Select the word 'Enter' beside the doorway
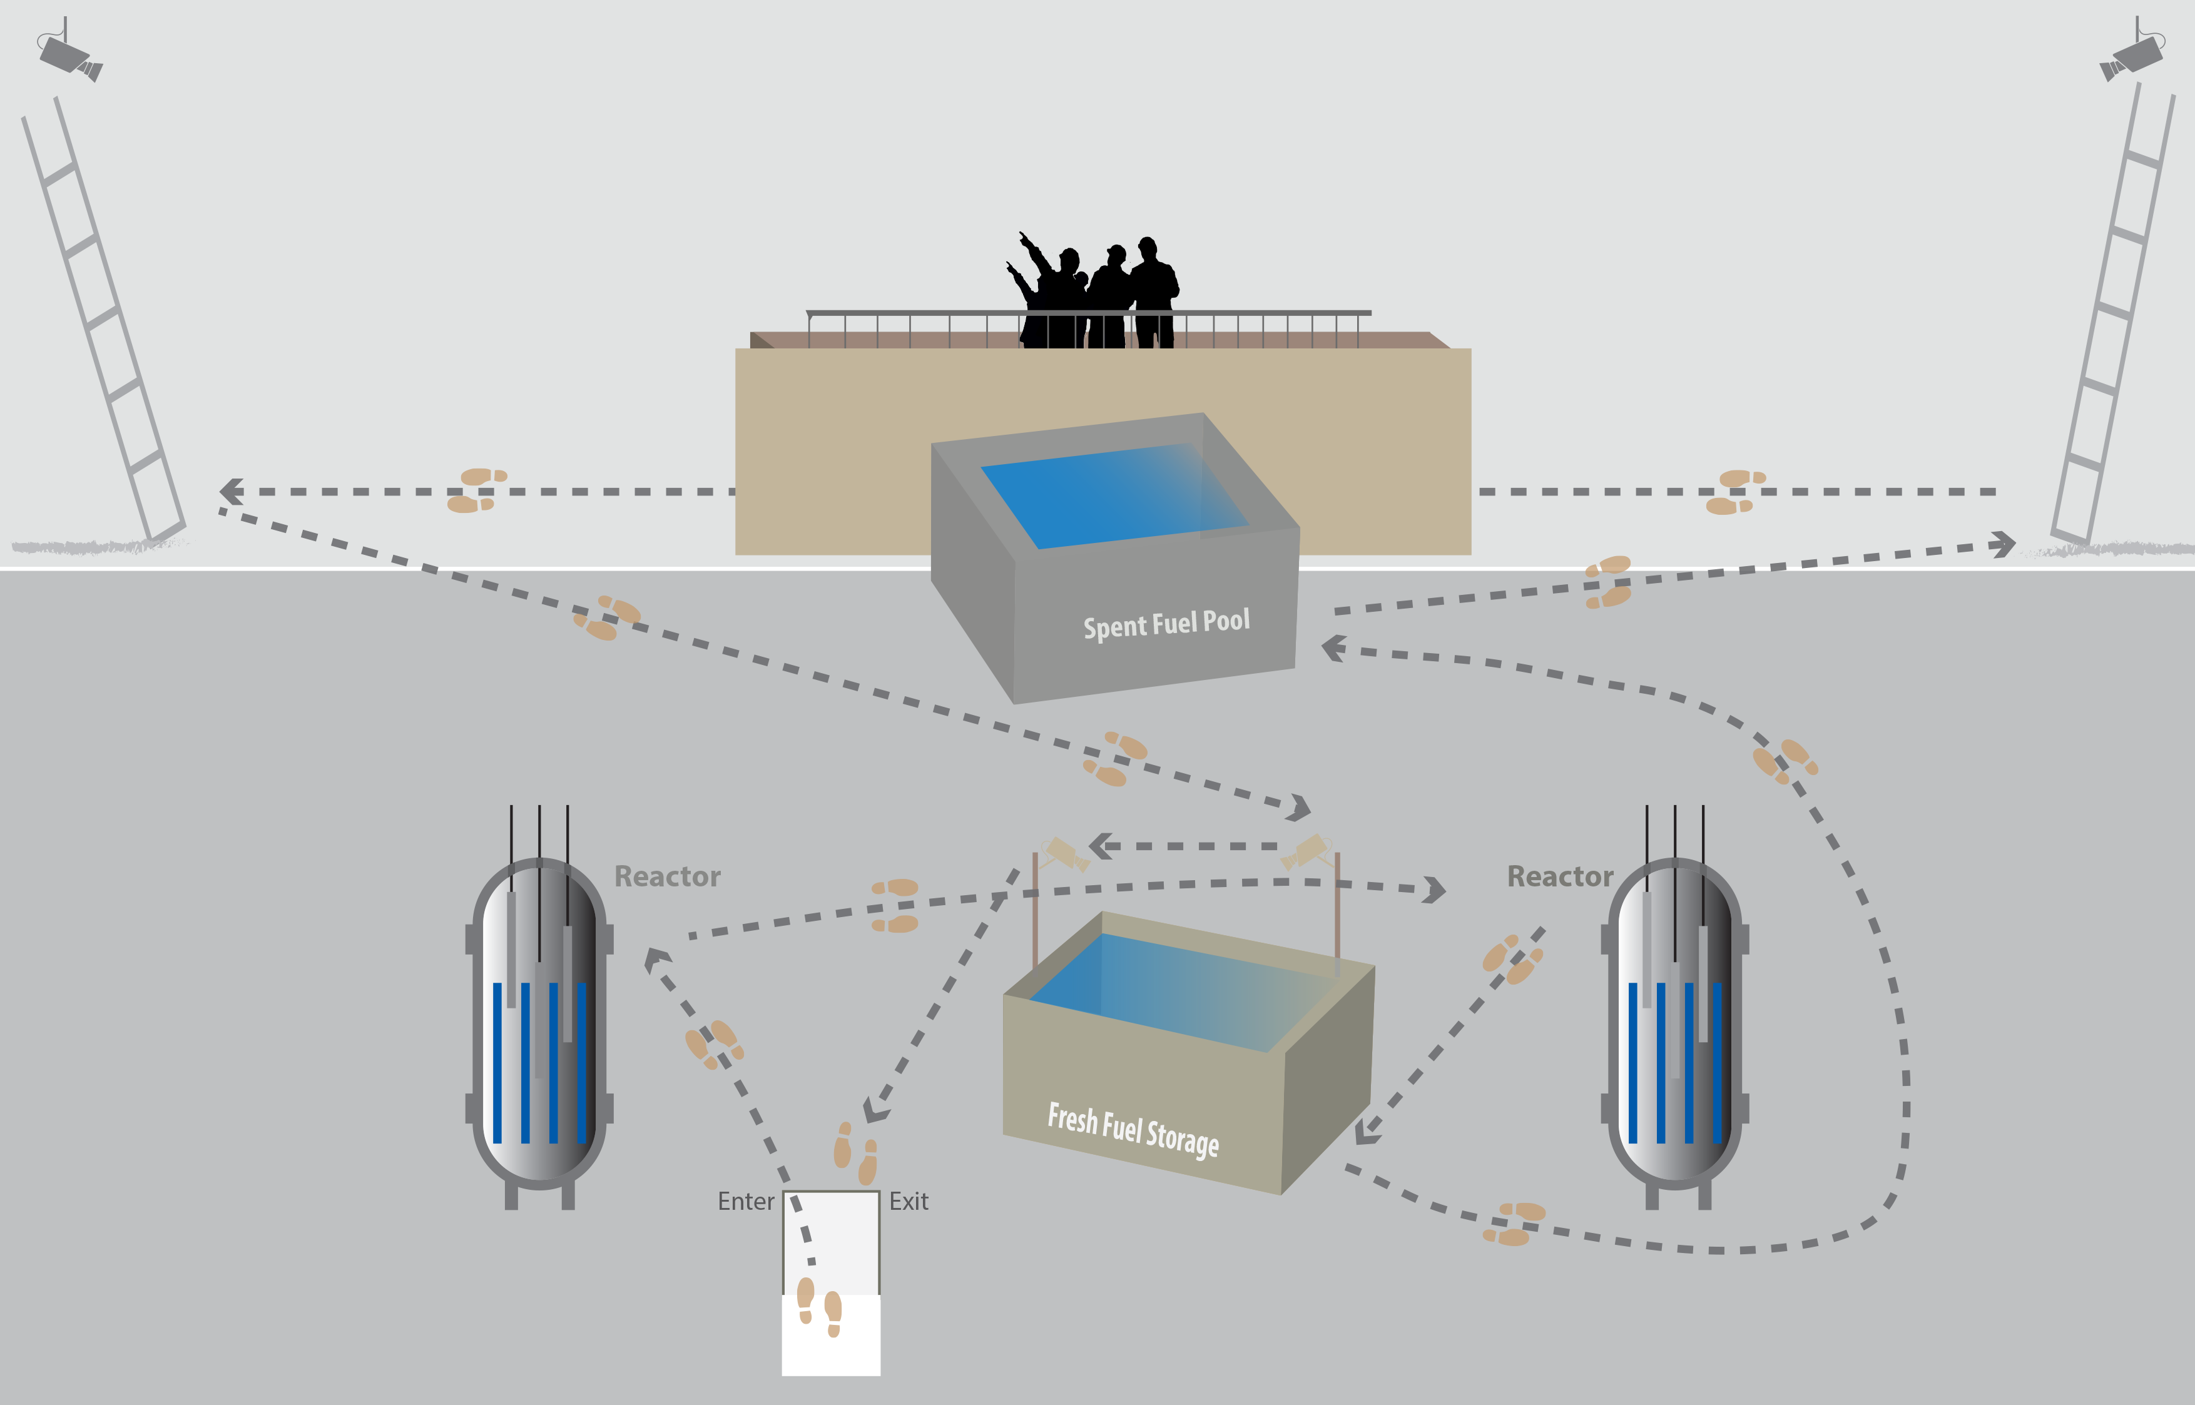(x=745, y=1202)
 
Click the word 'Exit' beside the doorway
(x=909, y=1202)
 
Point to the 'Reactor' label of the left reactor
(x=667, y=877)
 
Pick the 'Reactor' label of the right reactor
(x=1560, y=877)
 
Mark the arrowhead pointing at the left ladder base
(x=232, y=492)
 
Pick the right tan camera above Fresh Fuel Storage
(x=1306, y=851)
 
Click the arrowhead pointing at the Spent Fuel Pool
(x=1334, y=647)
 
